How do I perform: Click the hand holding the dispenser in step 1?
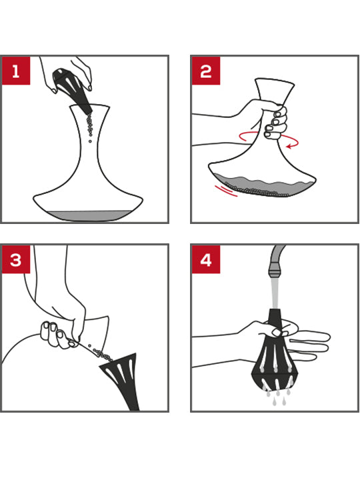[x=75, y=67]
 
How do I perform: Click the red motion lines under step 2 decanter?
[x=225, y=191]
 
